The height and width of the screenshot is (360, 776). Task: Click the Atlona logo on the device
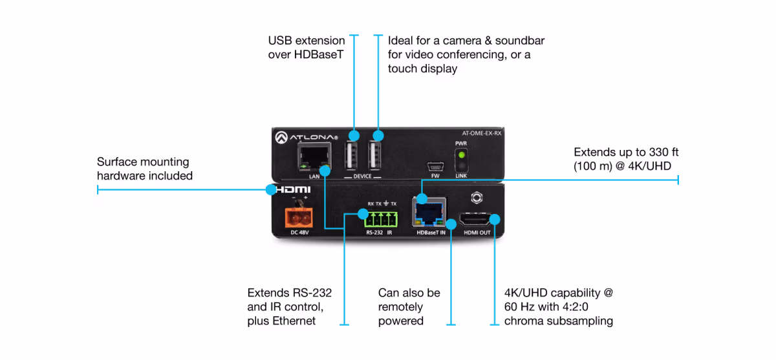click(306, 137)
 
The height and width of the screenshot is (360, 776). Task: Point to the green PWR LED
click(462, 156)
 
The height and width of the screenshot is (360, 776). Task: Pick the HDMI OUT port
click(476, 221)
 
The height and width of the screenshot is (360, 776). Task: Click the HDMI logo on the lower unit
click(292, 190)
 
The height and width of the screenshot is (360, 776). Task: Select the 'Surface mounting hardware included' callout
click(144, 169)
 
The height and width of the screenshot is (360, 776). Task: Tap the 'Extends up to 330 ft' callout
click(625, 159)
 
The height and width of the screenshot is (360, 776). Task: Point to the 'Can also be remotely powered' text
click(409, 307)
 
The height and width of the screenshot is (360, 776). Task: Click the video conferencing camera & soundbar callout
click(466, 55)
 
